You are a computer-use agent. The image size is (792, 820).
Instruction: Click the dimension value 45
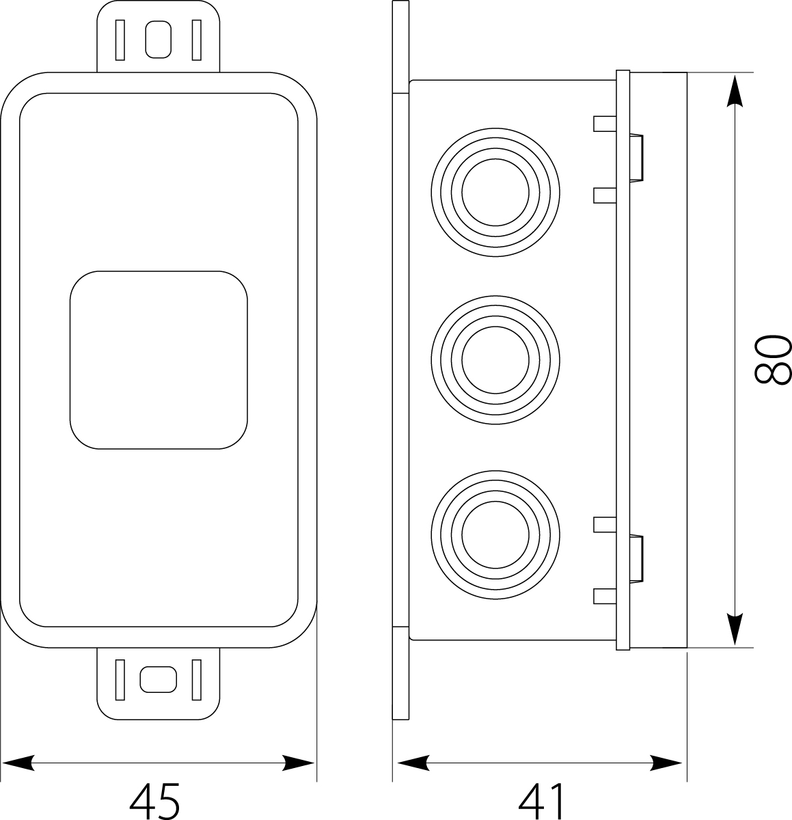click(x=155, y=800)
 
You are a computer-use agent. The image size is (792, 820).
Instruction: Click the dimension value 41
click(x=542, y=800)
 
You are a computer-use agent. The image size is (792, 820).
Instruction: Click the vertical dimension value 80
click(x=773, y=359)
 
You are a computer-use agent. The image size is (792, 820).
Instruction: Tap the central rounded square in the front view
click(x=158, y=359)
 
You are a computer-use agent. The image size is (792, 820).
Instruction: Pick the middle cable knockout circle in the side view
click(x=495, y=359)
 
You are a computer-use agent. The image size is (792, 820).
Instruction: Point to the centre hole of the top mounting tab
click(x=159, y=40)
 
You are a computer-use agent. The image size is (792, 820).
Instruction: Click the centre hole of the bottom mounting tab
click(x=159, y=679)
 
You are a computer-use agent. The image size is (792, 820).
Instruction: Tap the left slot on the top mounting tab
click(x=120, y=40)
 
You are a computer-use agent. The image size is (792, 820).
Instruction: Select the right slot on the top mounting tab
click(x=197, y=40)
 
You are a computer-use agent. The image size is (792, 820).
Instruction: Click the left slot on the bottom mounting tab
click(x=120, y=679)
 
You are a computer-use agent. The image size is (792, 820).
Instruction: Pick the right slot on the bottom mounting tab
click(x=197, y=679)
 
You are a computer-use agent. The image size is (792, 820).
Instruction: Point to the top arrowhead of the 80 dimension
click(x=734, y=92)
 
